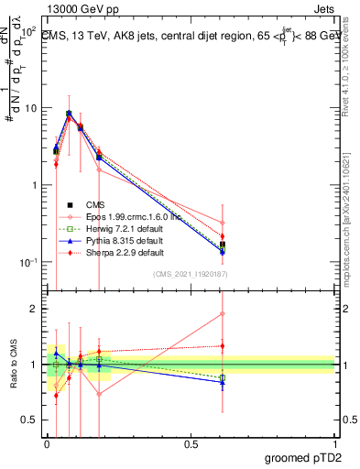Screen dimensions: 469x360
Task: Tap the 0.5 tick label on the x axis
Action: (x=191, y=443)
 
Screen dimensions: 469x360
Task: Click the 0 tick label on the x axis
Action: (x=47, y=443)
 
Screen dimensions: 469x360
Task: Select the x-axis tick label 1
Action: (x=334, y=443)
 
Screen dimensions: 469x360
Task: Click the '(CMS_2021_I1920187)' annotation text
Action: (x=191, y=275)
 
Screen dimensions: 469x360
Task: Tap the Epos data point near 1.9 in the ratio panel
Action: (x=222, y=314)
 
